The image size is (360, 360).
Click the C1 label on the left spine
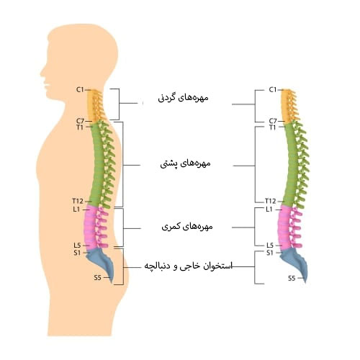coord(80,90)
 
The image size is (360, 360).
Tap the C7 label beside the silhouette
coord(80,121)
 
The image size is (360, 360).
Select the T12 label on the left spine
coord(78,201)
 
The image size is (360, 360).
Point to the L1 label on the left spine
coord(76,210)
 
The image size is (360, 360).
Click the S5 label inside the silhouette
coord(97,278)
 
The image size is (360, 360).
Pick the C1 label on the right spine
coord(273,90)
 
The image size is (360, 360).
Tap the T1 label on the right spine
coord(272,127)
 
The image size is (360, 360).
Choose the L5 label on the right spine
coord(270,246)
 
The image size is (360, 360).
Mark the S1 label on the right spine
coord(270,253)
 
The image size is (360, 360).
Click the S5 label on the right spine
coord(292,279)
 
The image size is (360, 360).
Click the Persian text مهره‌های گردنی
coord(183,98)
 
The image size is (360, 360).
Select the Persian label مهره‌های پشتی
coord(185,163)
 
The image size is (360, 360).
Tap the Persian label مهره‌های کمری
coord(187,227)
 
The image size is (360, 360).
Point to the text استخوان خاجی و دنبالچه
coord(189,266)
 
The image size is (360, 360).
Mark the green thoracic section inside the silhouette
coord(99,163)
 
